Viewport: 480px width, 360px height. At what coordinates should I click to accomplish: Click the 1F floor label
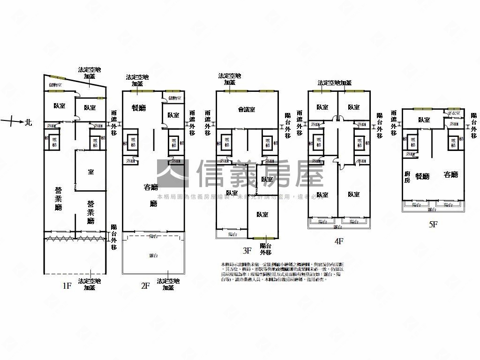(67, 285)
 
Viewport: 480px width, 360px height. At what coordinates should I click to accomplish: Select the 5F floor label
(433, 225)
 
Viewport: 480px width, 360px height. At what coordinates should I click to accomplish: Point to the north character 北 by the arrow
(29, 122)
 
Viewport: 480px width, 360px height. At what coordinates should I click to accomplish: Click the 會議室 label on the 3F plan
(247, 109)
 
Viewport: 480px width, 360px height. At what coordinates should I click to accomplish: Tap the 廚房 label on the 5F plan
(407, 177)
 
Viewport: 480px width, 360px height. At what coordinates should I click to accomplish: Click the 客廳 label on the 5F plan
(450, 175)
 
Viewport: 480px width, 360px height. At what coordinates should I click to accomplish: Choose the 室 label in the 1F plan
(91, 172)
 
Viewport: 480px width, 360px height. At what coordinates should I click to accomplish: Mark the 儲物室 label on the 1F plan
(56, 85)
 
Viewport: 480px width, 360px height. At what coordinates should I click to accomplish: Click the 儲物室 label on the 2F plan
(174, 98)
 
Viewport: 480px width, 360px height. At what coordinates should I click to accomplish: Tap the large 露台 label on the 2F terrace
(153, 255)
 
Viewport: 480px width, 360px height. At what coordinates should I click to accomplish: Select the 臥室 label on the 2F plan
(173, 115)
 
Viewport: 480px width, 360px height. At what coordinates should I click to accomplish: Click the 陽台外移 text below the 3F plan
(265, 249)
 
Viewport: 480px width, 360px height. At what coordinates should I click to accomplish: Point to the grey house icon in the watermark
(172, 173)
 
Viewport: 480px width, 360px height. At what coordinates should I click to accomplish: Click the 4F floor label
(338, 241)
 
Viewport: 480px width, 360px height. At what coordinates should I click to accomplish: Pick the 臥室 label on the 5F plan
(424, 120)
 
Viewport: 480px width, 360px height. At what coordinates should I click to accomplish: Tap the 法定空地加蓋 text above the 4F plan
(334, 83)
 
